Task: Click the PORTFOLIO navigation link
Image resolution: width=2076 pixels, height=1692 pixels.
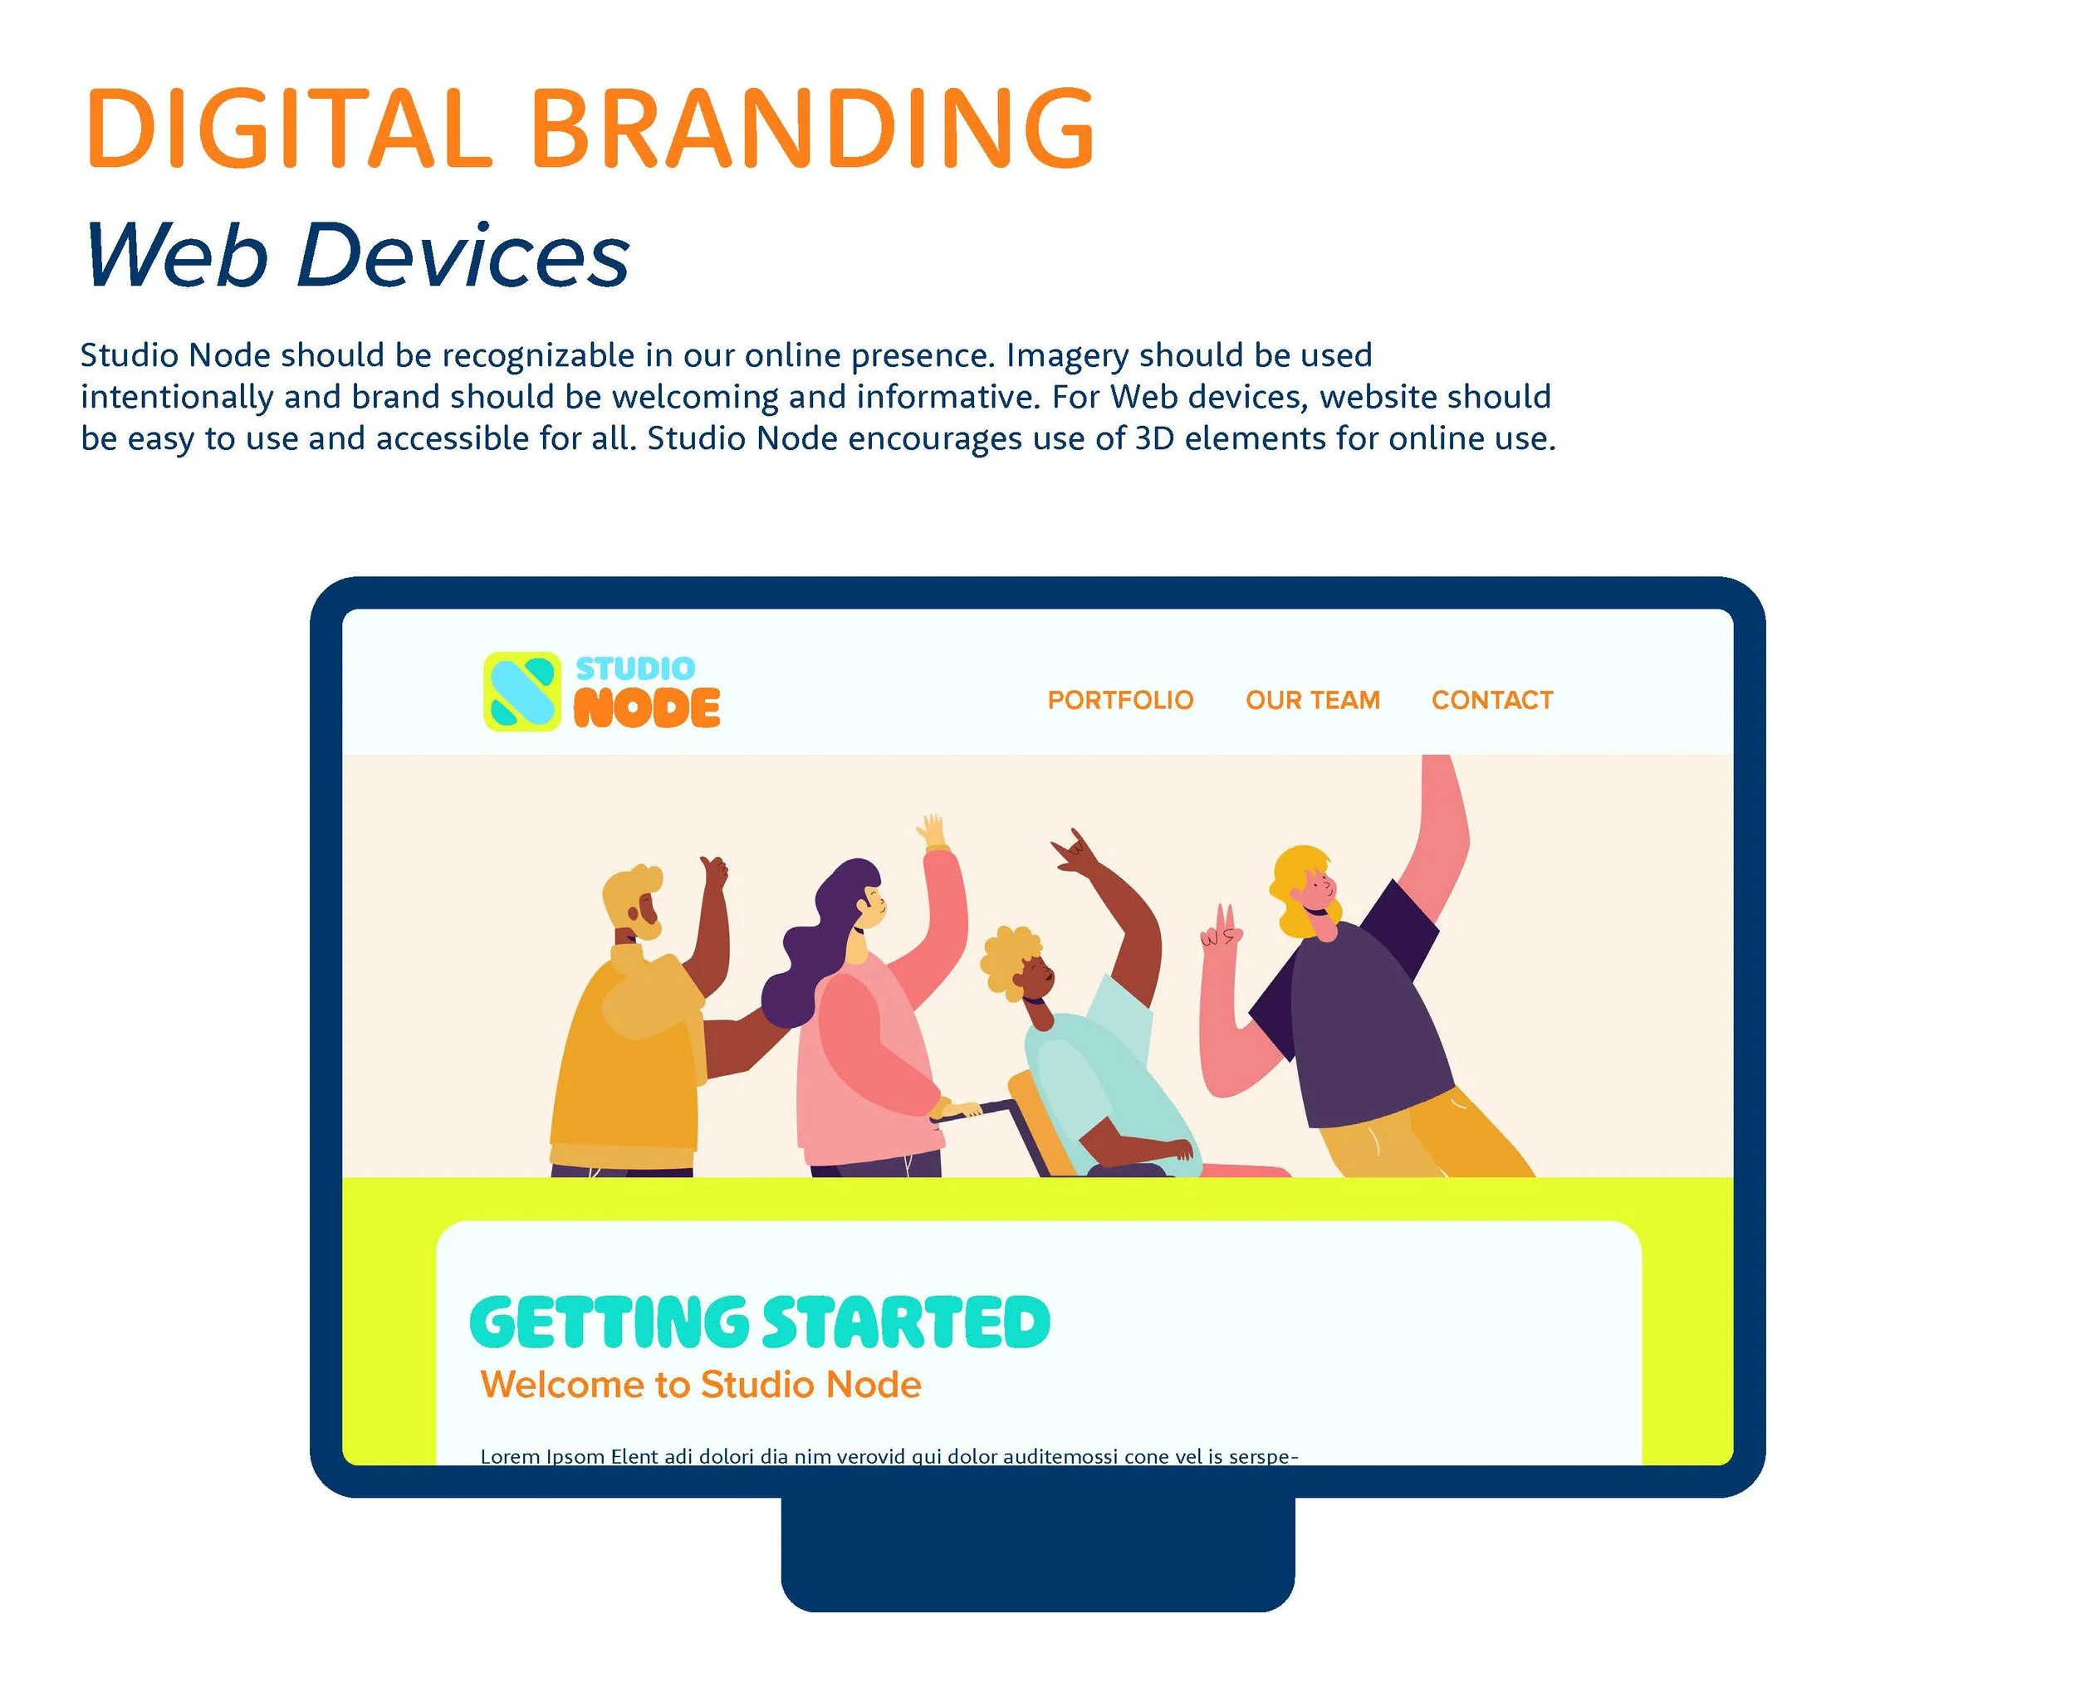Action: pyautogui.click(x=1120, y=700)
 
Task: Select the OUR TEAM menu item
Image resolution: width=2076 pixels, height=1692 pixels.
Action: pyautogui.click(x=1312, y=700)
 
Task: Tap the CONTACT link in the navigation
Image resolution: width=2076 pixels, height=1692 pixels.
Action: pyautogui.click(x=1491, y=700)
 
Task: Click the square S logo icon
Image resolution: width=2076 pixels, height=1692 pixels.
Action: pyautogui.click(x=522, y=691)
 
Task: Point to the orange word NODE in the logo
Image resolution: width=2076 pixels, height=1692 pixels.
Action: pyautogui.click(x=646, y=707)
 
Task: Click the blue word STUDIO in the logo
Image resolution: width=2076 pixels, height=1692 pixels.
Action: pyautogui.click(x=634, y=668)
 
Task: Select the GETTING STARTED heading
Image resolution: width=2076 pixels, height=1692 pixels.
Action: pyautogui.click(x=759, y=1323)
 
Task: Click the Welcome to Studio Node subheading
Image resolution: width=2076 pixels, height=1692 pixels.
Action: pyautogui.click(x=700, y=1385)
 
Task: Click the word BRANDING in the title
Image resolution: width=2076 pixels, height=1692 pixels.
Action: pyautogui.click(x=813, y=130)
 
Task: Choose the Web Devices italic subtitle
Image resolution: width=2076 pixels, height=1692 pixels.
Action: pyautogui.click(x=357, y=256)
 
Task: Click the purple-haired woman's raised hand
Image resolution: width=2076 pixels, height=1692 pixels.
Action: pyautogui.click(x=932, y=834)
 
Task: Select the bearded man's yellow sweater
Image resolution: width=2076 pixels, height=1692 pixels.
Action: pyautogui.click(x=629, y=1053)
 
